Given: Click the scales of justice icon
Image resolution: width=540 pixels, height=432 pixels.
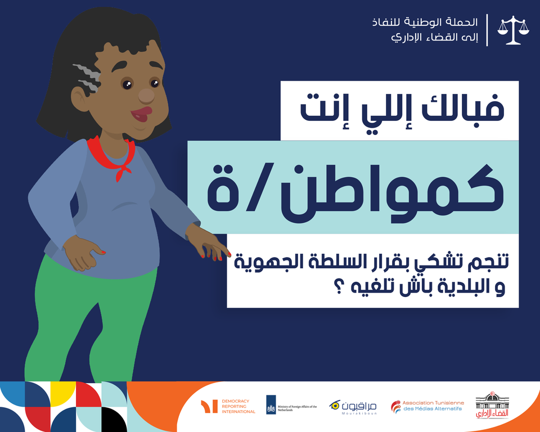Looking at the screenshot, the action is click(x=513, y=30).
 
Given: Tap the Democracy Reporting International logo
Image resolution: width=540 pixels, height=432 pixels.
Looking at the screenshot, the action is click(x=228, y=407).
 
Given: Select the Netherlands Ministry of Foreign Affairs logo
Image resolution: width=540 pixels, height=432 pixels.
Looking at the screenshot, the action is click(x=291, y=405).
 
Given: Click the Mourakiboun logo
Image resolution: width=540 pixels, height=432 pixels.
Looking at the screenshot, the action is click(x=353, y=407).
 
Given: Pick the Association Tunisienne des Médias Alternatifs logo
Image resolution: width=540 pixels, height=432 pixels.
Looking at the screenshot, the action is click(x=427, y=406).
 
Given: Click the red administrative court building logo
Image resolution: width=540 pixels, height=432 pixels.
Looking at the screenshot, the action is click(x=492, y=405).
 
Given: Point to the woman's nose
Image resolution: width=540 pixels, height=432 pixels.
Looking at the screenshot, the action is click(x=146, y=96).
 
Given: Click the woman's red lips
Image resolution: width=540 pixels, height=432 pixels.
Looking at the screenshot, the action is click(x=141, y=114).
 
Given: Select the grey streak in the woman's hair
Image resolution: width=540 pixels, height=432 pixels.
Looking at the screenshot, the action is click(x=87, y=78).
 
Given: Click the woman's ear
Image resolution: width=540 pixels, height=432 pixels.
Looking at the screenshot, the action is click(x=80, y=99).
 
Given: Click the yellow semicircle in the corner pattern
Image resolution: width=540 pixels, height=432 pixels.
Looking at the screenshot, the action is click(x=63, y=389).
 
